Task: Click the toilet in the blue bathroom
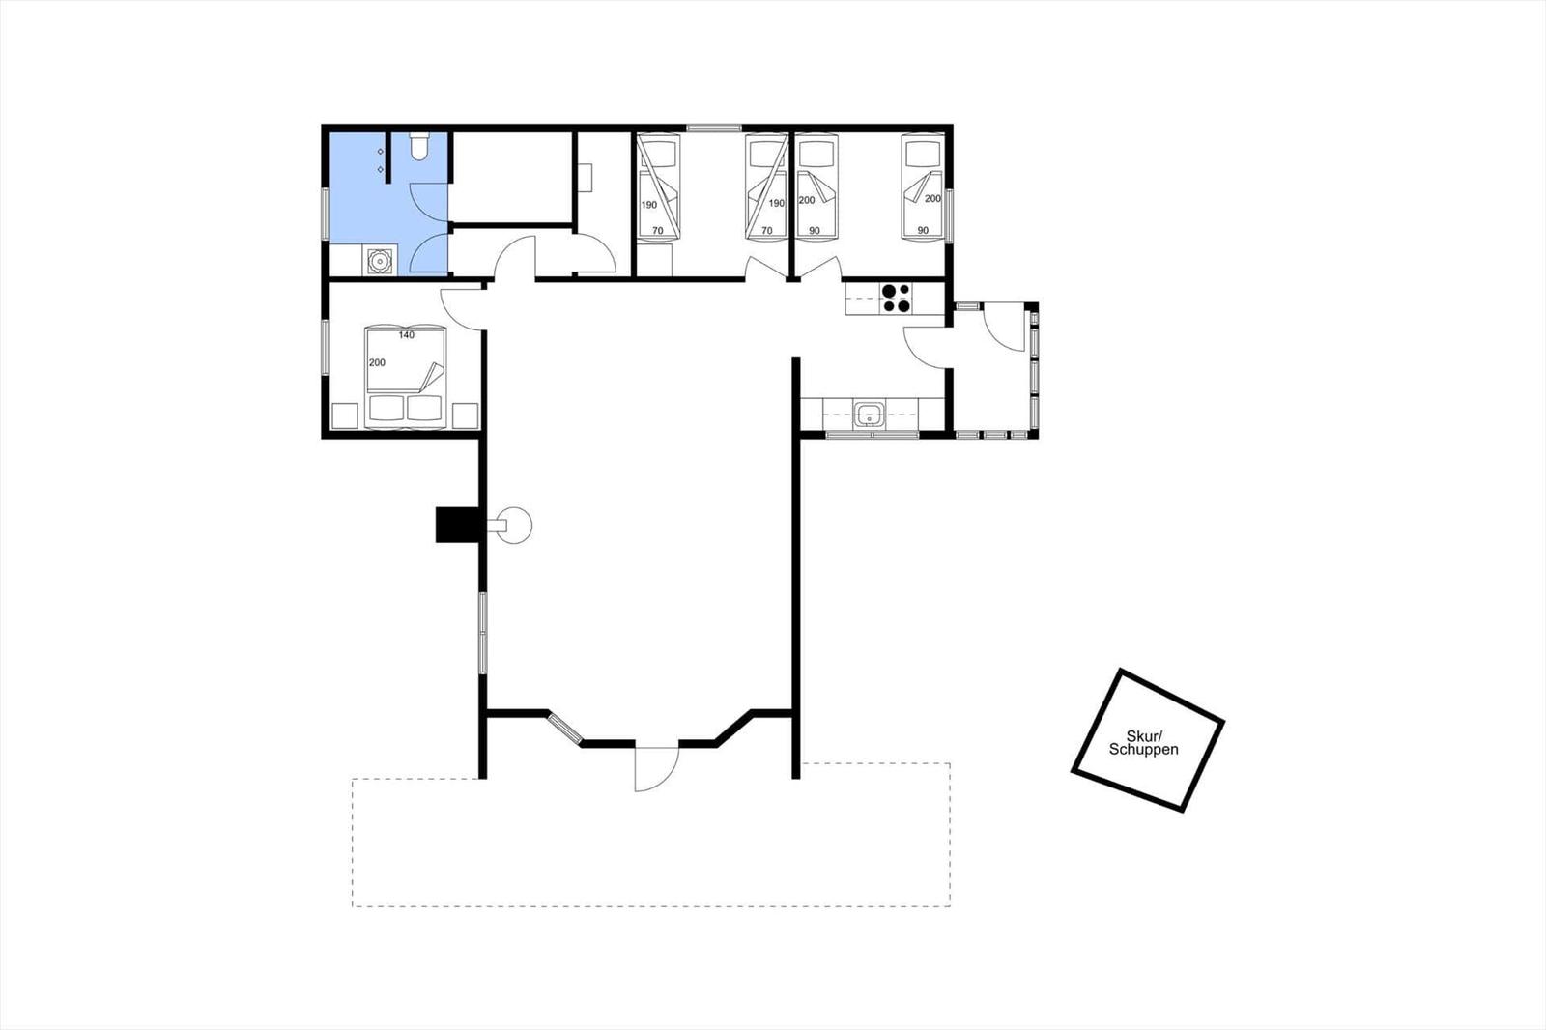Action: (x=419, y=146)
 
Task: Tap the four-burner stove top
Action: (x=896, y=299)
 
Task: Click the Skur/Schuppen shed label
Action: (x=1144, y=742)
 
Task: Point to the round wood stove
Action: (x=514, y=526)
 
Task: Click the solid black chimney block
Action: (x=457, y=525)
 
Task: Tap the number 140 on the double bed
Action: (x=407, y=335)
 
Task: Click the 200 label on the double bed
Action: (x=377, y=362)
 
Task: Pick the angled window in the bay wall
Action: (x=564, y=729)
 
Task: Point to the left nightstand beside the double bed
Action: (x=344, y=416)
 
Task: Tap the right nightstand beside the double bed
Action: (x=465, y=416)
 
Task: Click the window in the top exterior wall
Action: (x=714, y=128)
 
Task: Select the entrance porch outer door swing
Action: (x=1004, y=327)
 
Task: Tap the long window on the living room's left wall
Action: (x=483, y=632)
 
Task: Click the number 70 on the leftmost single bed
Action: (x=658, y=231)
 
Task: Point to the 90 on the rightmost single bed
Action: (x=923, y=231)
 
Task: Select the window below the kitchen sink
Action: (x=873, y=435)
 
